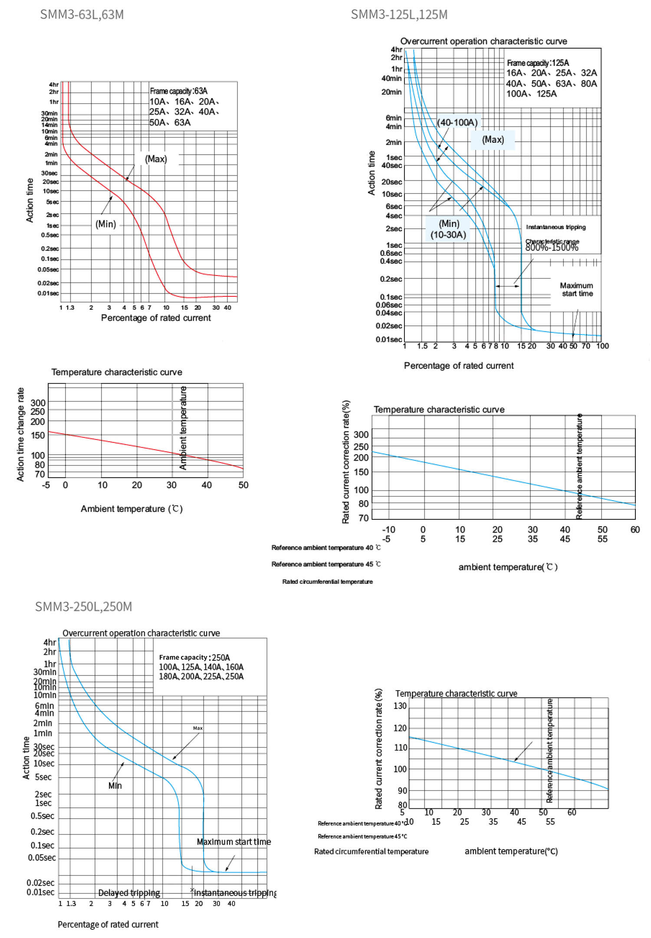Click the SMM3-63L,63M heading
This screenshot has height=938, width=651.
pos(82,15)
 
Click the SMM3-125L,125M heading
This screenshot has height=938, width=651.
pos(399,15)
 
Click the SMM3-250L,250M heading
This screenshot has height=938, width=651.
pos(83,607)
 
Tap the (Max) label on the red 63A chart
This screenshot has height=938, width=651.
pos(156,159)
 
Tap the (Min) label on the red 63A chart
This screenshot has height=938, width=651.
pos(106,224)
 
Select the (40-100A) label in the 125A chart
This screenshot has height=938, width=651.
pos(457,122)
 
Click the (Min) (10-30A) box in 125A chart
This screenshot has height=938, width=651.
pos(448,229)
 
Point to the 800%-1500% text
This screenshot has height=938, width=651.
pos(552,248)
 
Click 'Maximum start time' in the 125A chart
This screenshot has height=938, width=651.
pos(576,289)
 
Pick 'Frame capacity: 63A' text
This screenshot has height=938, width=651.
pos(178,91)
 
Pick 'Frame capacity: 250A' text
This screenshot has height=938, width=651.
pos(194,657)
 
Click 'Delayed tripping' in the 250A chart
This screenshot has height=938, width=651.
pos(129,893)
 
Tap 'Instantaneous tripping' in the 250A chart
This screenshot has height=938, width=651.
pos(235,893)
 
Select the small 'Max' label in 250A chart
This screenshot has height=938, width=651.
pos(197,728)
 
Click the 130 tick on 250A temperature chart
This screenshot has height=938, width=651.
pos(400,706)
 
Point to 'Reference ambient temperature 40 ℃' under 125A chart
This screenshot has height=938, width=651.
pos(326,548)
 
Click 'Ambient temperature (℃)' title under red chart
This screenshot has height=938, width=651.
pos(132,508)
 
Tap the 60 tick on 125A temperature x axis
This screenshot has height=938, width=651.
pos(635,530)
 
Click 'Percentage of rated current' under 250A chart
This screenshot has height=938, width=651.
pos(108,925)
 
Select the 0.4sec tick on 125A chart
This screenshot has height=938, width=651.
pos(391,261)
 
